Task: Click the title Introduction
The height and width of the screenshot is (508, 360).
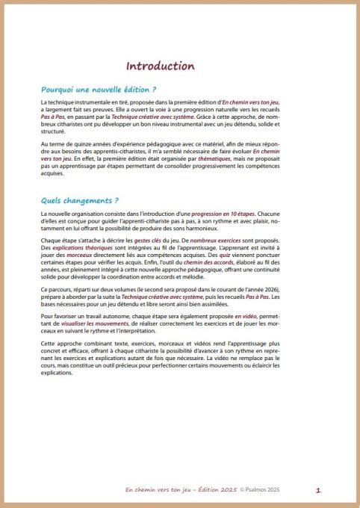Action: tap(160, 66)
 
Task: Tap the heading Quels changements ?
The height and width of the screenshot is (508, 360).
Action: tap(75, 199)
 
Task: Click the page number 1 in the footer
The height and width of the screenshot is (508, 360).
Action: tap(317, 490)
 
